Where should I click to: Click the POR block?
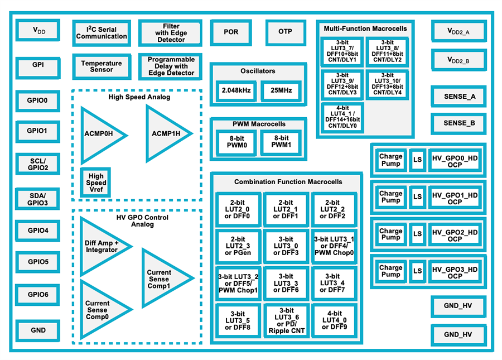231,32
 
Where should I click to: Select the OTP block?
285,32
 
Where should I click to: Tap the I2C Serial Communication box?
102,33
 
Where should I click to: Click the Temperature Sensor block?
102,66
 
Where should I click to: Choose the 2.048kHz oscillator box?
235,90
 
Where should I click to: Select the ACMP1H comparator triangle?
166,134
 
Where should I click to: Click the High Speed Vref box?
96,183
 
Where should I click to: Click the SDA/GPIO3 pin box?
38,199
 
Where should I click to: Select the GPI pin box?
38,65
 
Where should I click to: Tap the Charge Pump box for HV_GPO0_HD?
390,160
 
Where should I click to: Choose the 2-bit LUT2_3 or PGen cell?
238,246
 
